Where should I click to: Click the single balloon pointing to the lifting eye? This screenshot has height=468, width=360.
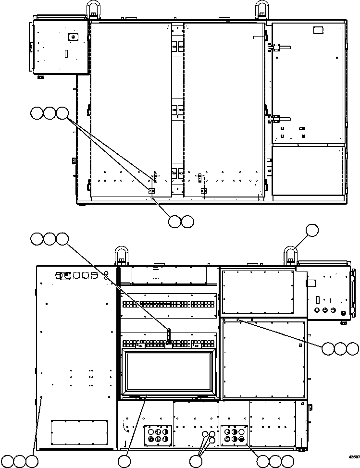[x=312, y=230]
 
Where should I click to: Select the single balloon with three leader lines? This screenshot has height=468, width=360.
[x=195, y=461]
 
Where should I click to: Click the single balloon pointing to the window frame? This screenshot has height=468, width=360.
[x=124, y=461]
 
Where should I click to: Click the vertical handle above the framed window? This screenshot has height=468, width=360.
[x=168, y=335]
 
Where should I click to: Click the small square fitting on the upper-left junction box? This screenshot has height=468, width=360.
[x=72, y=37]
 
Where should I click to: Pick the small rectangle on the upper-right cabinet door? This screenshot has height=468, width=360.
[x=317, y=30]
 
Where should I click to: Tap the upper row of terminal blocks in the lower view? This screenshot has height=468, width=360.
[x=168, y=304]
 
